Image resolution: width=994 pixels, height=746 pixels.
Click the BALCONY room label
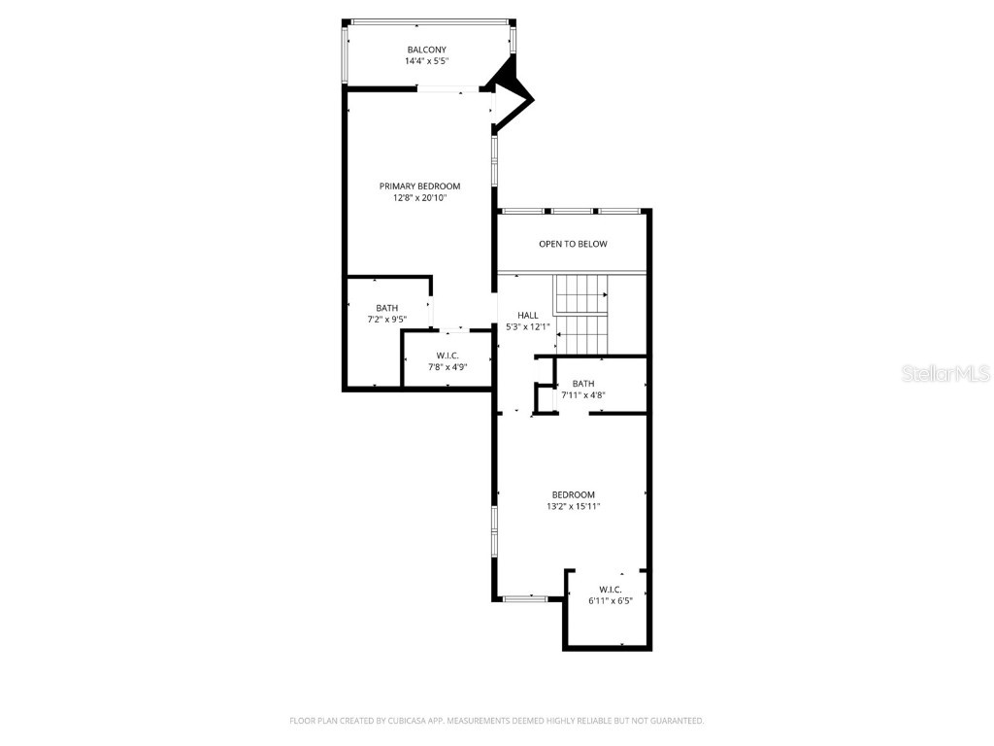pyautogui.click(x=426, y=50)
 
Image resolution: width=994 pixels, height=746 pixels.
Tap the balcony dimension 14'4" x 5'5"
pyautogui.click(x=426, y=61)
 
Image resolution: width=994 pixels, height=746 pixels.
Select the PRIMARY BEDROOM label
pyautogui.click(x=419, y=186)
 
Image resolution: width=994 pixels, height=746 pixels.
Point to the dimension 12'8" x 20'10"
pyautogui.click(x=419, y=198)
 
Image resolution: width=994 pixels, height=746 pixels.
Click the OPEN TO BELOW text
pyautogui.click(x=573, y=244)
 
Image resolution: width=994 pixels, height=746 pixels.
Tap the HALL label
pyautogui.click(x=527, y=315)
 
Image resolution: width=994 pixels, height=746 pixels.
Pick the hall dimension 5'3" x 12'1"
pyautogui.click(x=528, y=326)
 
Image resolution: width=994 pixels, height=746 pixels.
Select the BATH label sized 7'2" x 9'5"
pyautogui.click(x=386, y=308)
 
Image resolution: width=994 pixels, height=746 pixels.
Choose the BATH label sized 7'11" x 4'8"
pyautogui.click(x=582, y=384)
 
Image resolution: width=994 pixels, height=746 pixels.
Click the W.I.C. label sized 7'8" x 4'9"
pyautogui.click(x=447, y=356)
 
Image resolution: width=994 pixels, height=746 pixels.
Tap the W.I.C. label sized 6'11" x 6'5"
pyautogui.click(x=610, y=590)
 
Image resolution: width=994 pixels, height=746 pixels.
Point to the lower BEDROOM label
pyautogui.click(x=573, y=494)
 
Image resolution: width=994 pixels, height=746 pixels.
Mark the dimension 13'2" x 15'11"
pyautogui.click(x=573, y=506)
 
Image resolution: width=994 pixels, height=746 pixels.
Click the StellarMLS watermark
pyautogui.click(x=944, y=373)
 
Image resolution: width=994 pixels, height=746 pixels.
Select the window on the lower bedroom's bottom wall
pyautogui.click(x=524, y=599)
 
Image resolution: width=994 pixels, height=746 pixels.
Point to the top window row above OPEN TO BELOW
pyautogui.click(x=571, y=211)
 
